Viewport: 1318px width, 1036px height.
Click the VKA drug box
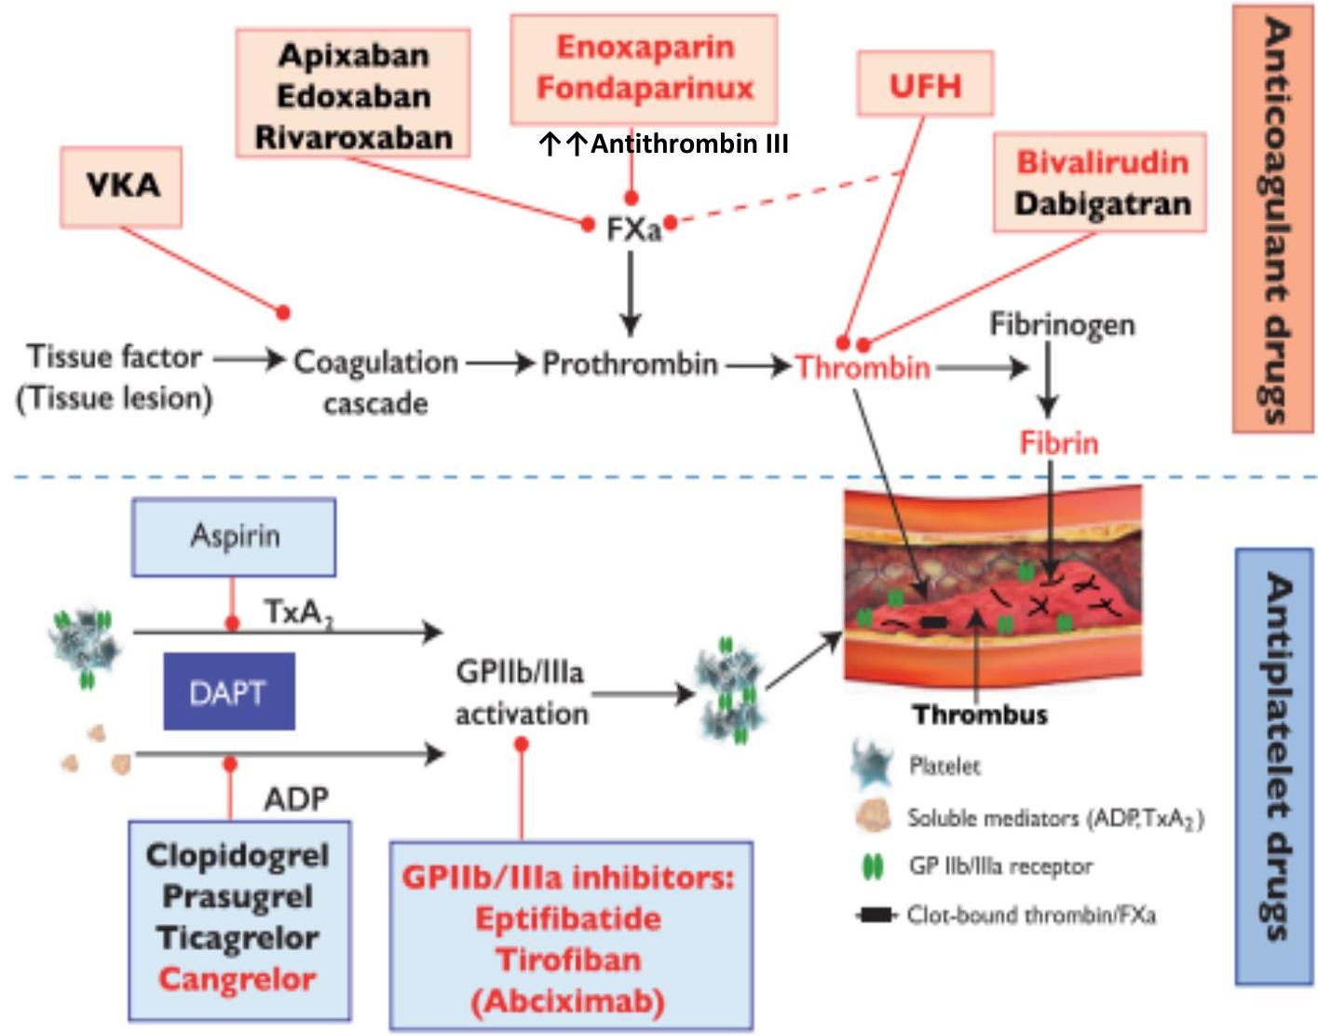point(121,186)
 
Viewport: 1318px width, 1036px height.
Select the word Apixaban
point(354,56)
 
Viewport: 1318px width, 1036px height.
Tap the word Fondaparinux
point(645,89)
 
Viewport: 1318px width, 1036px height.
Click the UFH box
point(925,86)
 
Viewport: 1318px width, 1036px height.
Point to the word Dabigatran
point(1102,204)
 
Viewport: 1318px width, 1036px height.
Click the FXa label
point(633,228)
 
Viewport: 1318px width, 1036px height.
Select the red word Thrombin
point(863,367)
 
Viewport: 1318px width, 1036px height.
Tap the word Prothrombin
point(630,363)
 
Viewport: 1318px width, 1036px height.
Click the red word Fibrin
point(1059,443)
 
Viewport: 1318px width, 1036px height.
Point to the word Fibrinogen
point(1062,324)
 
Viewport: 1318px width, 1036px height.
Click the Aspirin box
point(235,537)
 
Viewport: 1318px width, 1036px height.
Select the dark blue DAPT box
point(229,691)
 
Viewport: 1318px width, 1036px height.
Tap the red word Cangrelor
point(238,979)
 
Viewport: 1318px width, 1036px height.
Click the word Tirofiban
point(568,960)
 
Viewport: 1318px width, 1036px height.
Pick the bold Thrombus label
point(980,715)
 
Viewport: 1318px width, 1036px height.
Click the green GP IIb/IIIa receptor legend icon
point(873,867)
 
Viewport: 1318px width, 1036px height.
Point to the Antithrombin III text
point(689,143)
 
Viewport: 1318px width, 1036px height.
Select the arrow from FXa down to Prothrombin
point(631,293)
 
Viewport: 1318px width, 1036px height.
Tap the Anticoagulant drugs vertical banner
point(1272,219)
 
